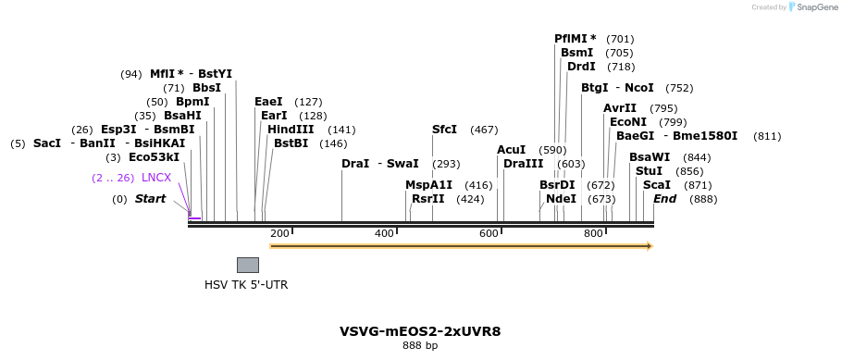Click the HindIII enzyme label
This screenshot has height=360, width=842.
(x=291, y=130)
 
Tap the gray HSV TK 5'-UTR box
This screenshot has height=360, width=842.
(x=247, y=265)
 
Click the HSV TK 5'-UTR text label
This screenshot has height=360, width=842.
(x=246, y=285)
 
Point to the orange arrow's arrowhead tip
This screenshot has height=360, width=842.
(x=651, y=246)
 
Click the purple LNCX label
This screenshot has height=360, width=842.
(x=156, y=178)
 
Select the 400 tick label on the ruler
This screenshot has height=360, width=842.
(x=384, y=233)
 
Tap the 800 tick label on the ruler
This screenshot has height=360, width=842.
(x=593, y=233)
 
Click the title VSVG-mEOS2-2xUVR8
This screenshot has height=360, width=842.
(x=420, y=330)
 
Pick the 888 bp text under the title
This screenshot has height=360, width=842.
(x=420, y=345)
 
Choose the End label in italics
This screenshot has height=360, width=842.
(x=664, y=199)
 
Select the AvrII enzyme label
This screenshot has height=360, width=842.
(x=620, y=108)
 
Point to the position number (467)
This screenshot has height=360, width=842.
(x=484, y=130)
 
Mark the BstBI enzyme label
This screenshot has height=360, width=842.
(x=291, y=143)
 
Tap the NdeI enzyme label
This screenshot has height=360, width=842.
(x=561, y=199)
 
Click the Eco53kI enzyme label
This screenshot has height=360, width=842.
(x=154, y=157)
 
